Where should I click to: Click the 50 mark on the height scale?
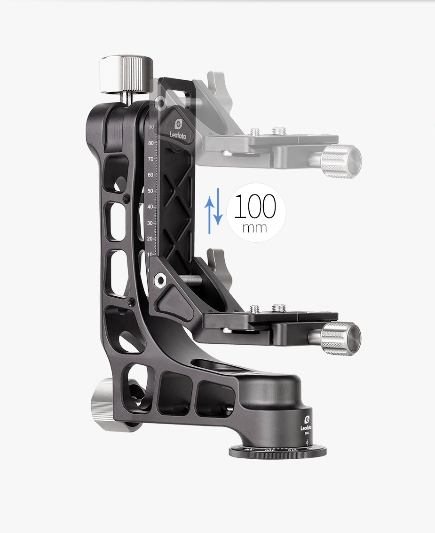pyautogui.click(x=151, y=191)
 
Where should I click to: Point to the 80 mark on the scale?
pyautogui.click(x=151, y=143)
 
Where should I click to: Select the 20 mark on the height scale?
pyautogui.click(x=151, y=239)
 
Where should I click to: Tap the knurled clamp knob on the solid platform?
pyautogui.click(x=340, y=339)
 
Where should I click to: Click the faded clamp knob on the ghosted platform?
pyautogui.click(x=340, y=162)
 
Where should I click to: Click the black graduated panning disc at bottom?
pyautogui.click(x=277, y=451)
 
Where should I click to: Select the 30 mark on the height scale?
pyautogui.click(x=151, y=223)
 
